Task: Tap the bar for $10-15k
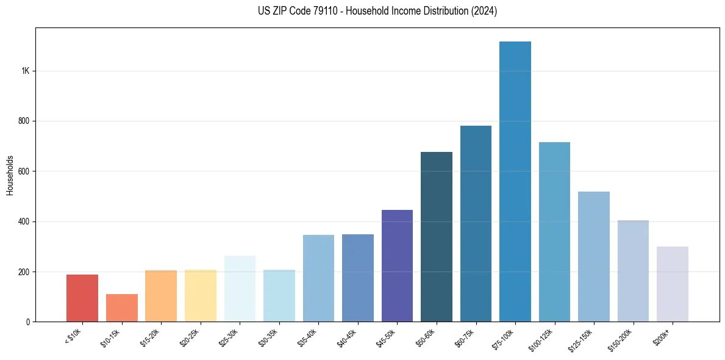(x=122, y=308)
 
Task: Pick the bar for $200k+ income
(x=673, y=284)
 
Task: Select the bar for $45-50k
(x=397, y=265)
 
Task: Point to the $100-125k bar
(x=554, y=232)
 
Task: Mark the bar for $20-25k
(x=201, y=295)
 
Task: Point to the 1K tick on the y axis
(x=26, y=71)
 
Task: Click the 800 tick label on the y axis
(x=24, y=121)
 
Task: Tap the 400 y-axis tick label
(x=24, y=221)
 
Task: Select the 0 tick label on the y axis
(x=28, y=322)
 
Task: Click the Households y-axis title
(x=10, y=175)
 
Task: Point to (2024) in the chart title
(x=484, y=11)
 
